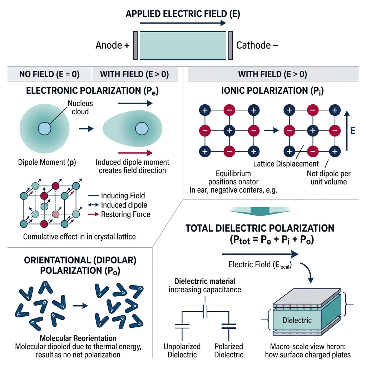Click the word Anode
pyautogui.click(x=109, y=45)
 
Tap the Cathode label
pyautogui.click(x=253, y=45)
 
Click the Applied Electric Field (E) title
pyautogui.click(x=183, y=15)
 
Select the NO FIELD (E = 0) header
pyautogui.click(x=49, y=74)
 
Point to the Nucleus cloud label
pyautogui.click(x=80, y=107)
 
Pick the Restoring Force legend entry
pyautogui.click(x=125, y=214)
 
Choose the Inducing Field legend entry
pyautogui.click(x=123, y=196)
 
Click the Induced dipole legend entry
pyautogui.click(x=124, y=205)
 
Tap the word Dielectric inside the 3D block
pyautogui.click(x=297, y=320)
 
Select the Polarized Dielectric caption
pyautogui.click(x=229, y=350)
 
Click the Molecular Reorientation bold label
pyautogui.click(x=78, y=338)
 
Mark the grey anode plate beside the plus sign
pyautogui.click(x=135, y=45)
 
